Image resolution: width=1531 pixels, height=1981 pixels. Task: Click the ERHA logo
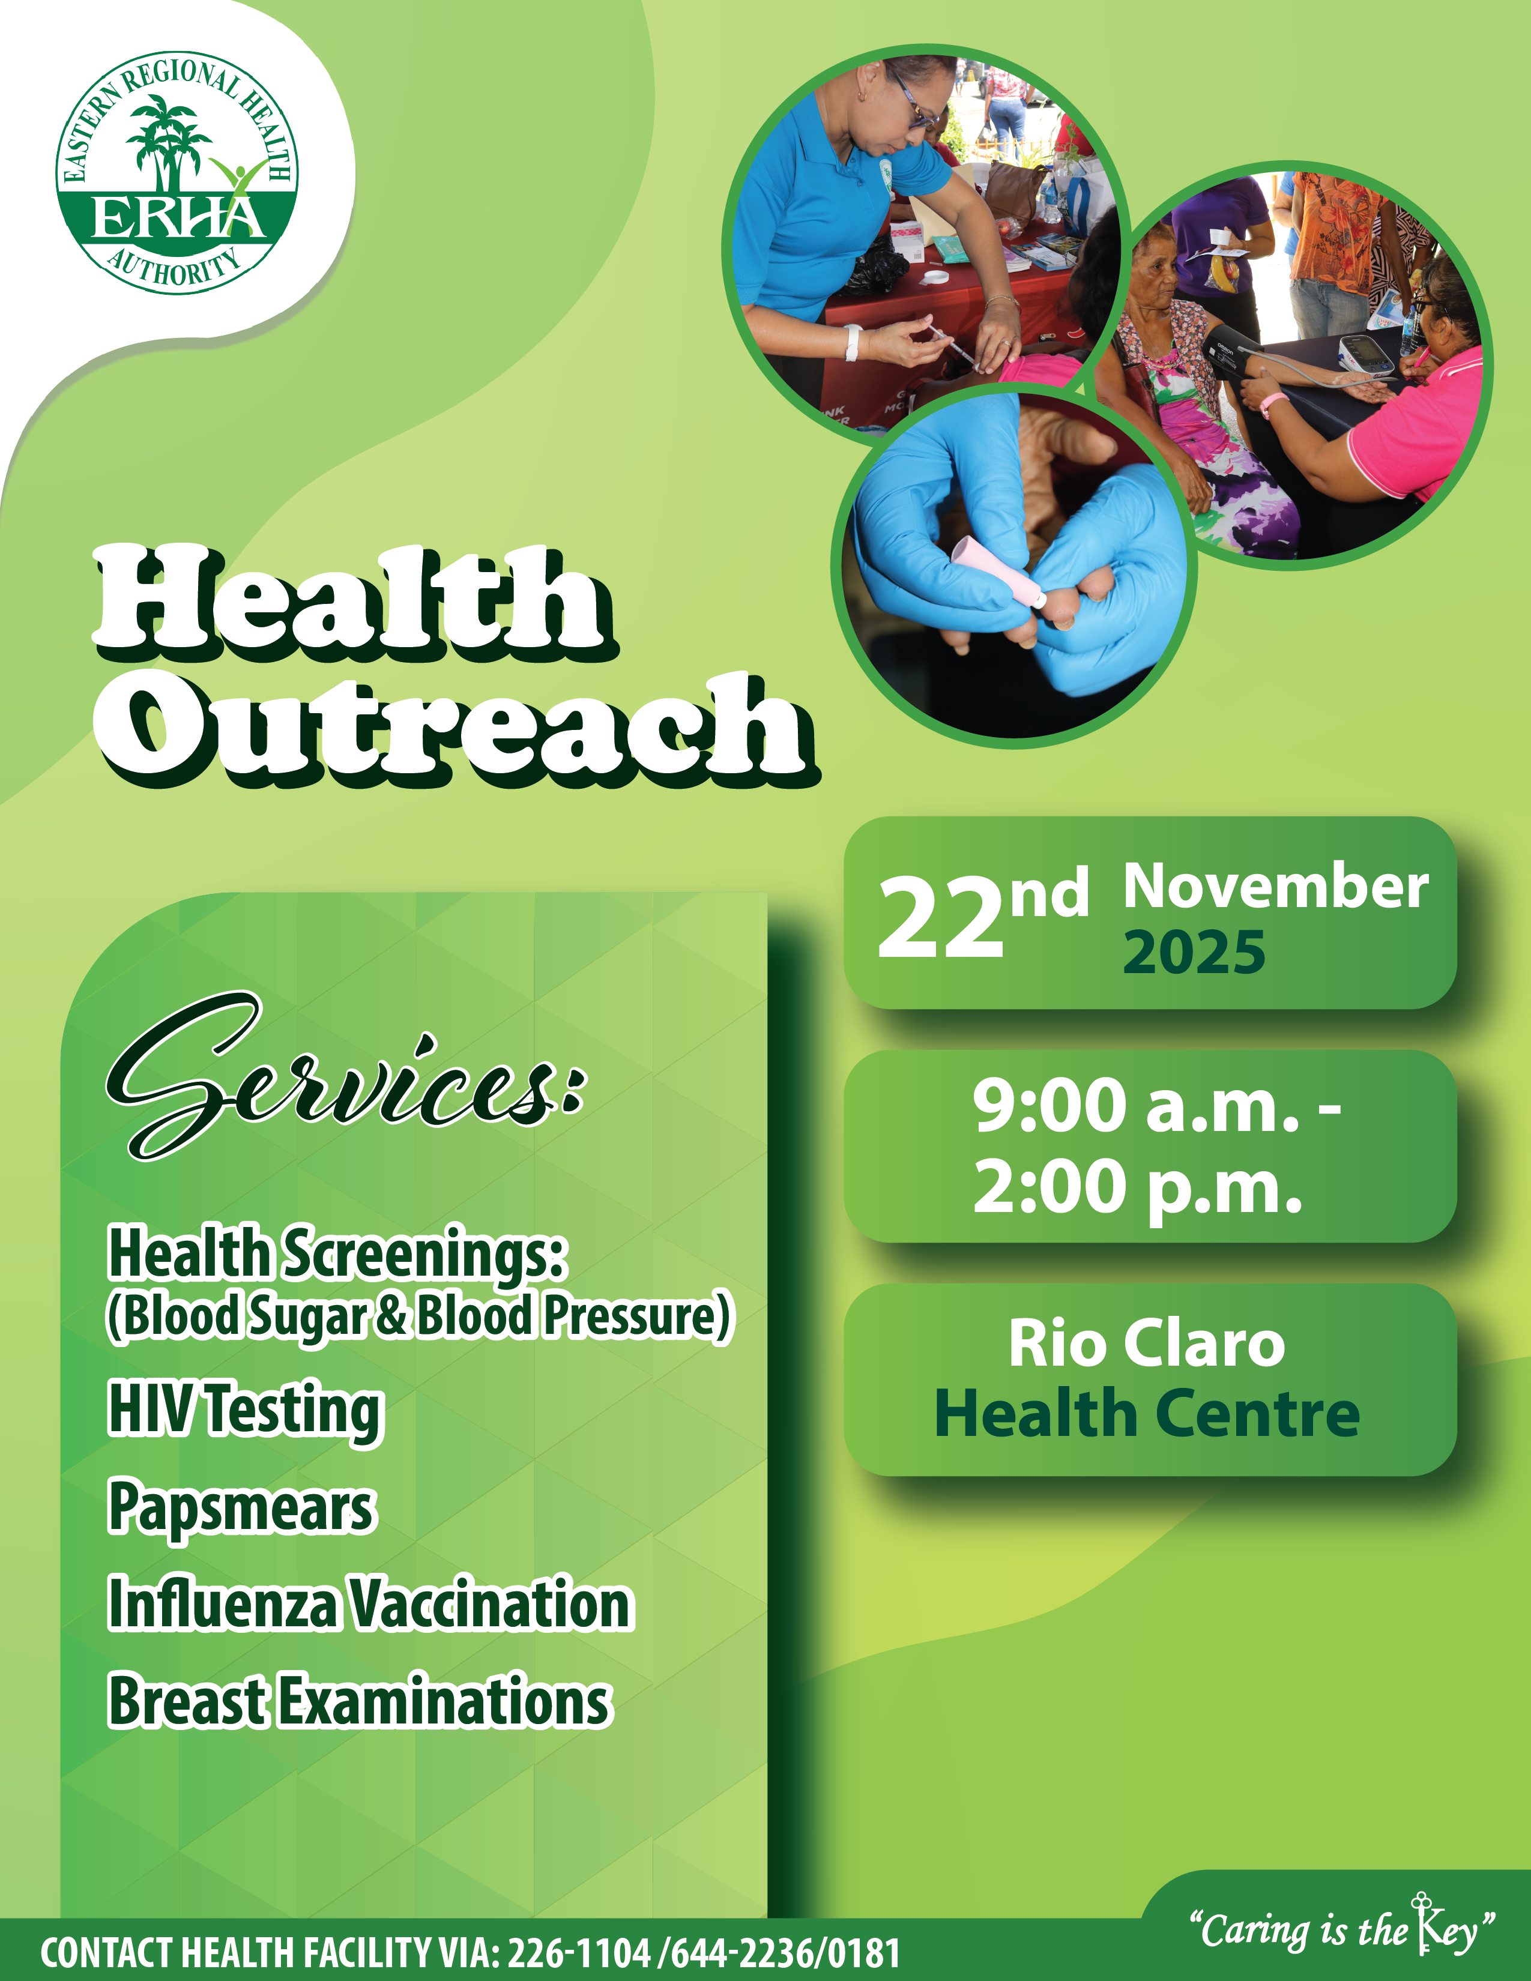[x=177, y=172]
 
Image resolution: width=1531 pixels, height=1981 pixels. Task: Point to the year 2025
[x=1194, y=953]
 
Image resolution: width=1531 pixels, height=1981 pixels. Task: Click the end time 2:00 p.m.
[x=1137, y=1187]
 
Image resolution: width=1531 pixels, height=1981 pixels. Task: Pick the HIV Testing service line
[x=246, y=1411]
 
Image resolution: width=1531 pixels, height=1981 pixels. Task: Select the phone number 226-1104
[x=579, y=1952]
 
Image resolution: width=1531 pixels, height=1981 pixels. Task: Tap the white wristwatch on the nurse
[x=853, y=343]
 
